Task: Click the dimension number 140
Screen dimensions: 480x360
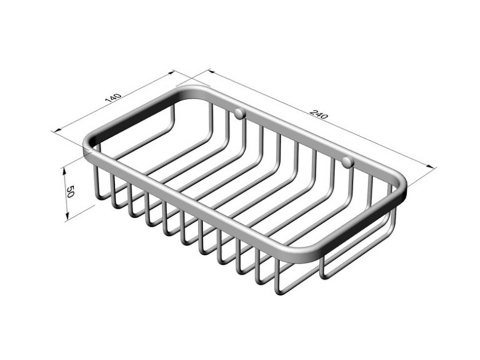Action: click(x=112, y=97)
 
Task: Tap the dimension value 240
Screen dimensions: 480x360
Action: click(x=319, y=114)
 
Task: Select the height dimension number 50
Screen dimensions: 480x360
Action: click(x=70, y=192)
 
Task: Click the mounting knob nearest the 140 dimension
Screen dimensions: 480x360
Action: click(x=240, y=114)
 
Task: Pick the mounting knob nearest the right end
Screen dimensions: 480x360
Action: click(x=347, y=162)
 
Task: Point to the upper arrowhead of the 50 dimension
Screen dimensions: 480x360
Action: click(x=65, y=171)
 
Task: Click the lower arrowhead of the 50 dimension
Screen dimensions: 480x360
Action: click(x=67, y=217)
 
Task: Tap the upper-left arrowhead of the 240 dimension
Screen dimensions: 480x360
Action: click(x=211, y=71)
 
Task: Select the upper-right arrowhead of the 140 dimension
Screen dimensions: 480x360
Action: click(x=171, y=72)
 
